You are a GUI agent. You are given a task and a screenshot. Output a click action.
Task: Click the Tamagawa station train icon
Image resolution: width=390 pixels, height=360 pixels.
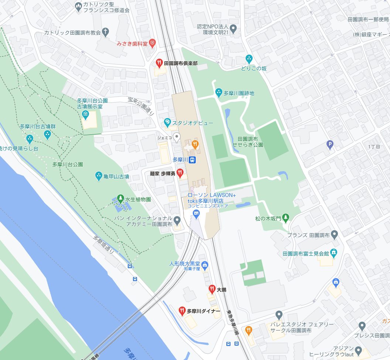pos(192,160)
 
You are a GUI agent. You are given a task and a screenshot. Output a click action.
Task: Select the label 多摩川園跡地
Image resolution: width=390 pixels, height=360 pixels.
pos(239,93)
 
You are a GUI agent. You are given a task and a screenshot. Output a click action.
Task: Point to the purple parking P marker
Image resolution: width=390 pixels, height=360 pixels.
pos(330,145)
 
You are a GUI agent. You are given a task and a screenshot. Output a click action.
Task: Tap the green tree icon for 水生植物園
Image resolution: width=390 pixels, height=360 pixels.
pos(120,199)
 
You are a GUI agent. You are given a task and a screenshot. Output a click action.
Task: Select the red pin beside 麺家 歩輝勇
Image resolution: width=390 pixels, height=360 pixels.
pos(180,173)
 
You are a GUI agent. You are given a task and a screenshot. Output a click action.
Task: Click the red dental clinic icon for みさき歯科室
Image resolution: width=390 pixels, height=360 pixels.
pos(152,43)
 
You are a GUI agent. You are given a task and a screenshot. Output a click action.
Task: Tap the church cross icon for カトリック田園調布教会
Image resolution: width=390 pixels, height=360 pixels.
pos(106,32)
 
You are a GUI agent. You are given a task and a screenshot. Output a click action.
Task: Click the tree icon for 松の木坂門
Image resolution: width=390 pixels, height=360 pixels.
pos(285,218)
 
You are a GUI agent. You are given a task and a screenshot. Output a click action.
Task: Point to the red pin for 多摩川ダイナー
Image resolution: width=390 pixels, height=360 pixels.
pos(182,311)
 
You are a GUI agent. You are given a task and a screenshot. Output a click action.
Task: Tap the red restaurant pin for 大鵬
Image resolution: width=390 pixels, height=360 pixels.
pos(212,289)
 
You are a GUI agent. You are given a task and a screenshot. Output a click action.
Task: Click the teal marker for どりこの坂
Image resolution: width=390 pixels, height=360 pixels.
pos(249,58)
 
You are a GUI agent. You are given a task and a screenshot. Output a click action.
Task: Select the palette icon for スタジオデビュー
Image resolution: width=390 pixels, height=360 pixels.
pos(167,122)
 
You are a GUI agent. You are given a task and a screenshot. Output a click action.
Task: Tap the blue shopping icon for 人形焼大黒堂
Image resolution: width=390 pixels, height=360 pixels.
pos(205,264)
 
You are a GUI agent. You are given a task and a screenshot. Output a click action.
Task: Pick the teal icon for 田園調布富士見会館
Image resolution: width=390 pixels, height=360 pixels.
pos(333,253)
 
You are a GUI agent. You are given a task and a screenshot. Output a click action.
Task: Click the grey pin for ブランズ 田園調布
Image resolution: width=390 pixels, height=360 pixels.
pos(334,234)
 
